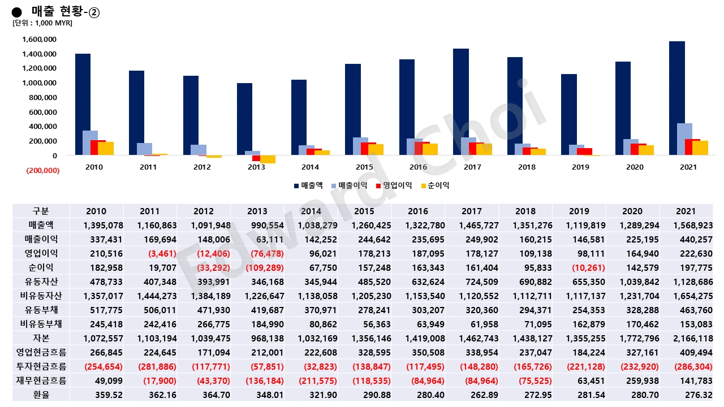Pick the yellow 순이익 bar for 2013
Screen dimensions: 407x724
pos(268,159)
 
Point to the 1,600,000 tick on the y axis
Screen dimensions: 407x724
pos(39,40)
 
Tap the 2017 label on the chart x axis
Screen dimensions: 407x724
pos(472,167)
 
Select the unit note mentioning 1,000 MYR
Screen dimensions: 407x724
pos(42,23)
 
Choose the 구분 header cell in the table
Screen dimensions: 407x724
pos(41,211)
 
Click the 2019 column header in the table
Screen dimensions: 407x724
pos(579,211)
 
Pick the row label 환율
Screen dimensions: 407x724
pos(41,394)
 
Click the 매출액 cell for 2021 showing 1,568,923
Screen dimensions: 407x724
pos(686,226)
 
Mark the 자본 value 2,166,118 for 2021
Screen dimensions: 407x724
pos(686,339)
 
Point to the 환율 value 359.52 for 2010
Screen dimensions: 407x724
pos(96,394)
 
